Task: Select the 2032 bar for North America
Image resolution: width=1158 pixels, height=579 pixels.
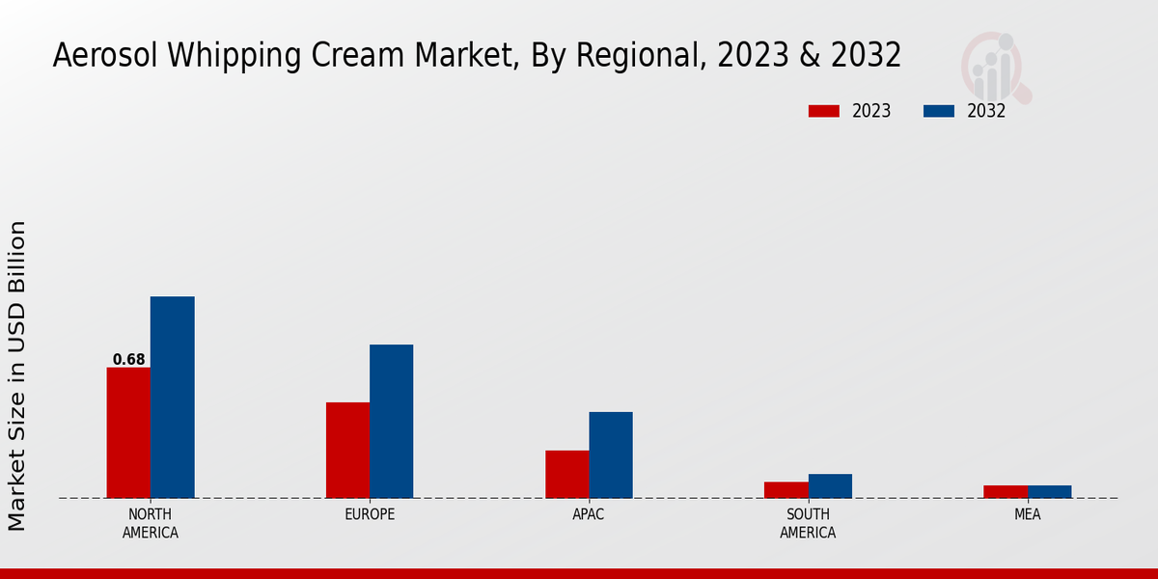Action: coord(172,397)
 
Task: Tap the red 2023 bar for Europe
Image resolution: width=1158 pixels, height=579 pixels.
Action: coord(347,450)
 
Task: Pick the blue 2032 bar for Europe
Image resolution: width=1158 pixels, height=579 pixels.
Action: coord(391,421)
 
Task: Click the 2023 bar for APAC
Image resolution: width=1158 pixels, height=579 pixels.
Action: coord(566,474)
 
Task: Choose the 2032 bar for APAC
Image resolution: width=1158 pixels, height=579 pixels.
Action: coord(611,455)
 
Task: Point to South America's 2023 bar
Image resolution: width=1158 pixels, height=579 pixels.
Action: coord(786,489)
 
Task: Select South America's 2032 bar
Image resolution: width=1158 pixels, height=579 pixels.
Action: coord(830,485)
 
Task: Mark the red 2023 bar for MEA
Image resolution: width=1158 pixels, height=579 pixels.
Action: coord(1006,491)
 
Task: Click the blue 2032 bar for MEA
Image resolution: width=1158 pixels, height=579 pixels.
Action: coord(1049,491)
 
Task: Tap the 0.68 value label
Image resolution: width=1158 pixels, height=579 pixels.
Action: coord(128,360)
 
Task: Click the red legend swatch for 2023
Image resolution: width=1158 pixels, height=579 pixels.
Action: coord(823,111)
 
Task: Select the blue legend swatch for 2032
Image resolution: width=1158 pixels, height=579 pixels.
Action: coord(938,111)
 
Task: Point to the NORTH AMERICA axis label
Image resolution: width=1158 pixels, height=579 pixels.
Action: coord(151,523)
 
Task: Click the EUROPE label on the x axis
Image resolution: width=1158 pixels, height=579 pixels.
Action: coord(370,514)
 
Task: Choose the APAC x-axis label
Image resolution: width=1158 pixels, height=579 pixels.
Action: coord(589,514)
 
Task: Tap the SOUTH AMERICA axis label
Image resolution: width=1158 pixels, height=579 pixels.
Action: coord(808,523)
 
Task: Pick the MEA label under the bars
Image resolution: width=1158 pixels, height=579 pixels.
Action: coord(1027,514)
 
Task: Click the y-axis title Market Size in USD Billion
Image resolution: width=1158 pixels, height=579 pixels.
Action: coord(17,375)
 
